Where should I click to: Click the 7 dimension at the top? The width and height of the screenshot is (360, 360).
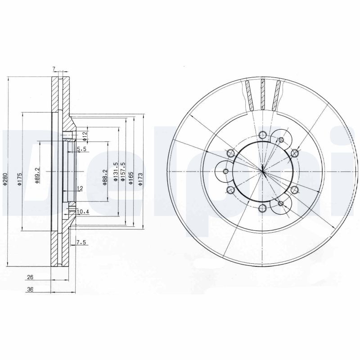[x=54, y=69]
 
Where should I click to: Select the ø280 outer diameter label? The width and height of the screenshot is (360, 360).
[x=5, y=180]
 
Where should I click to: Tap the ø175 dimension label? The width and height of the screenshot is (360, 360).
[x=19, y=179]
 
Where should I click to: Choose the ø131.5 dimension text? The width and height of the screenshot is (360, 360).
[x=116, y=172]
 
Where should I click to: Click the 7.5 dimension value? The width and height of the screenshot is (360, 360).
[x=81, y=243]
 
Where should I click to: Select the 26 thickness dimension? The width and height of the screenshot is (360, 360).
[x=30, y=277]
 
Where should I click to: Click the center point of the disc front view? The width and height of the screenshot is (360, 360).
[x=262, y=171]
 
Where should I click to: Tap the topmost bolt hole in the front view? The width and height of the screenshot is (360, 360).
[x=262, y=134]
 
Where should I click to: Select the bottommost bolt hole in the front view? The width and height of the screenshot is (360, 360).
[x=262, y=208]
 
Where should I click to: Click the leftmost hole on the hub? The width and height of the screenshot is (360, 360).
[x=225, y=171]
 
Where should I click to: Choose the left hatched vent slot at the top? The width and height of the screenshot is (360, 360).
[x=250, y=95]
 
